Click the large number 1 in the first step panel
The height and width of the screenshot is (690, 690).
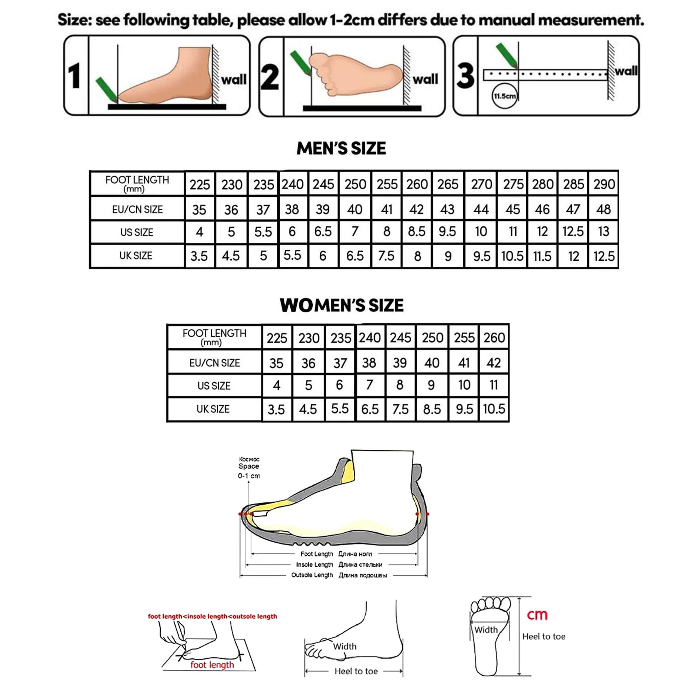point(75,76)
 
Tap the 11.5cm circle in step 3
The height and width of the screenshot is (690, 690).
point(505,96)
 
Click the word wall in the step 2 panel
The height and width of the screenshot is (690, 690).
point(425,80)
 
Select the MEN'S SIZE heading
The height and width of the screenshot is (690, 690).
point(341,149)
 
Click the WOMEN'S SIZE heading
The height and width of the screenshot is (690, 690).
point(341,305)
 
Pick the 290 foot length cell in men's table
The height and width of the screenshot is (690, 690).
point(604,184)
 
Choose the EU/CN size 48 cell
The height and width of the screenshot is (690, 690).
point(604,209)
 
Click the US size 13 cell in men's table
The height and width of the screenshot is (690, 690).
point(604,231)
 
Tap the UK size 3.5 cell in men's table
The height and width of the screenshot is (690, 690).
point(199,256)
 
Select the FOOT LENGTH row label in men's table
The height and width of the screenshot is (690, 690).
point(137,184)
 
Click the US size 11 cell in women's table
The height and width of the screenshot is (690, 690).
point(494,385)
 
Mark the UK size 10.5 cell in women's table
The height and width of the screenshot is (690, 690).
point(494,409)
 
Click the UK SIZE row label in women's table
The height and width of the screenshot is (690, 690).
point(213,409)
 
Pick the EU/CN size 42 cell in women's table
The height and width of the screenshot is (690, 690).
point(494,363)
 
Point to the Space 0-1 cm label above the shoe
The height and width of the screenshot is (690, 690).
point(249,468)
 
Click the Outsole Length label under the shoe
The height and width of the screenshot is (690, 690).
point(312,575)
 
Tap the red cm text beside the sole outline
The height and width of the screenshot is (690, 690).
point(537,615)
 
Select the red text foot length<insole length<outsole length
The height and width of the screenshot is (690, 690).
point(213,616)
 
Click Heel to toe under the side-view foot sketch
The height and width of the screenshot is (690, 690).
point(356,671)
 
